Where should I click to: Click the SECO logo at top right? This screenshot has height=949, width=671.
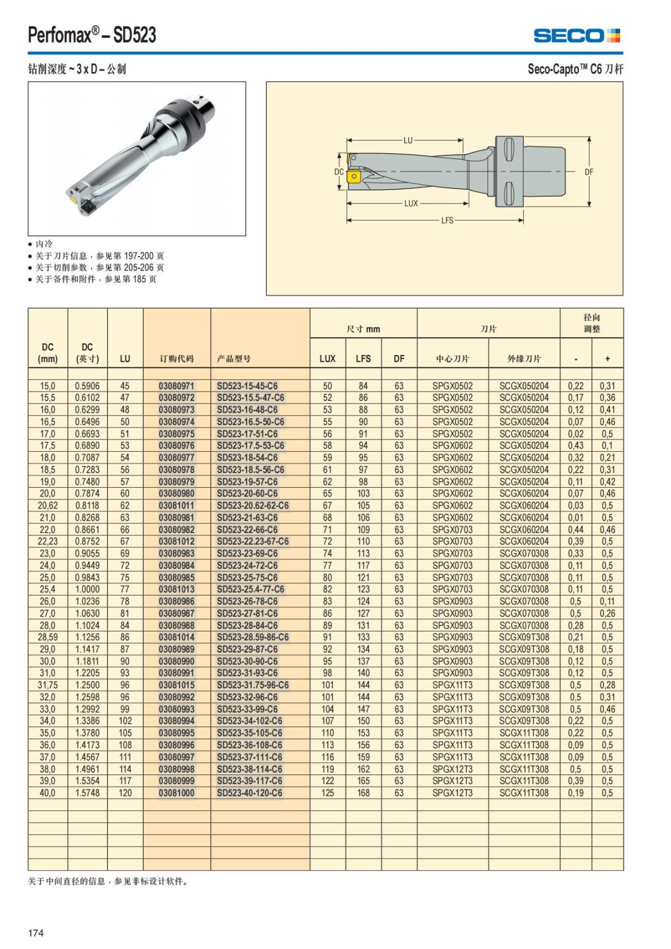pyautogui.click(x=577, y=36)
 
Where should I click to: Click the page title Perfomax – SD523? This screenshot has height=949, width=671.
pyautogui.click(x=92, y=35)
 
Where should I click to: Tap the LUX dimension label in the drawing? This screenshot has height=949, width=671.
pyautogui.click(x=411, y=204)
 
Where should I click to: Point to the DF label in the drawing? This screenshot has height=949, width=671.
pyautogui.click(x=589, y=172)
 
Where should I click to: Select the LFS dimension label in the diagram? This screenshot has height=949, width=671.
pyautogui.click(x=447, y=220)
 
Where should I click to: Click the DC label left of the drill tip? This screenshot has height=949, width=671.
pyautogui.click(x=339, y=172)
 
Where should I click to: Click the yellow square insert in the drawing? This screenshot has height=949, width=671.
pyautogui.click(x=353, y=177)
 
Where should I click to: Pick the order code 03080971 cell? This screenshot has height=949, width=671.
pyautogui.click(x=177, y=386)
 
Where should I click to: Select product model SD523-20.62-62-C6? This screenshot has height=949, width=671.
pyautogui.click(x=253, y=506)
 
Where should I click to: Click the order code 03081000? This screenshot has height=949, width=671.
pyautogui.click(x=177, y=793)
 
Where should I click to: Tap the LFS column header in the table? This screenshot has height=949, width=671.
pyautogui.click(x=363, y=358)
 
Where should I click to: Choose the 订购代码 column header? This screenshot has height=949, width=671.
pyautogui.click(x=177, y=358)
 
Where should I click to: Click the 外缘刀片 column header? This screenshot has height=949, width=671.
pyautogui.click(x=524, y=358)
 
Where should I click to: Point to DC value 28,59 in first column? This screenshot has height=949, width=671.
pyautogui.click(x=48, y=638)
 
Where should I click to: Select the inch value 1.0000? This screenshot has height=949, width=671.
pyautogui.click(x=87, y=589)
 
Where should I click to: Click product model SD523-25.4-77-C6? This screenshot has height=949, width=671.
pyautogui.click(x=251, y=589)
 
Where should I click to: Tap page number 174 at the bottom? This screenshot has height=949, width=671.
pyautogui.click(x=36, y=932)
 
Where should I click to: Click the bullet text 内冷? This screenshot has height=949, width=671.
pyautogui.click(x=44, y=244)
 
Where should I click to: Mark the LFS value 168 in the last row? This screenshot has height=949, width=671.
pyautogui.click(x=363, y=793)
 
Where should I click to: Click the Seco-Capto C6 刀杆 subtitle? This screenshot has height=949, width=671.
pyautogui.click(x=575, y=69)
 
